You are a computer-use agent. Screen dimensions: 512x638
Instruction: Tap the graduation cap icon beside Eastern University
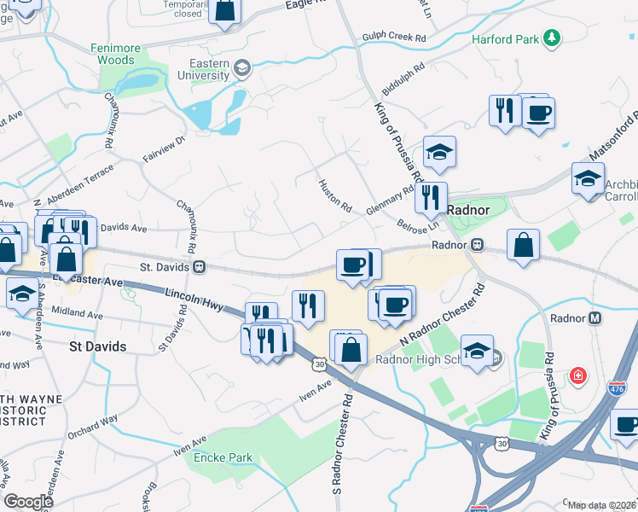pos(242,68)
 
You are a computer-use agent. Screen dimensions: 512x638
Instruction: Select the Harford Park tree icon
pos(553,38)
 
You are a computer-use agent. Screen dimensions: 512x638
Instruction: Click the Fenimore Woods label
pos(127,54)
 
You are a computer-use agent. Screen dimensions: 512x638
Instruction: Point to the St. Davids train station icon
pos(198,267)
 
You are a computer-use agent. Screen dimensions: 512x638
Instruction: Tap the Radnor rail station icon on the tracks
pos(478,245)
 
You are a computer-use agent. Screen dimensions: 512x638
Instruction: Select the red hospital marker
pos(579,375)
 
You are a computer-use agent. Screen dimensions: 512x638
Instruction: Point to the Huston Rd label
pos(334,195)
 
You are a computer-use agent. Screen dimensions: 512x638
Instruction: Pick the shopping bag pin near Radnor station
pos(522,245)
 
